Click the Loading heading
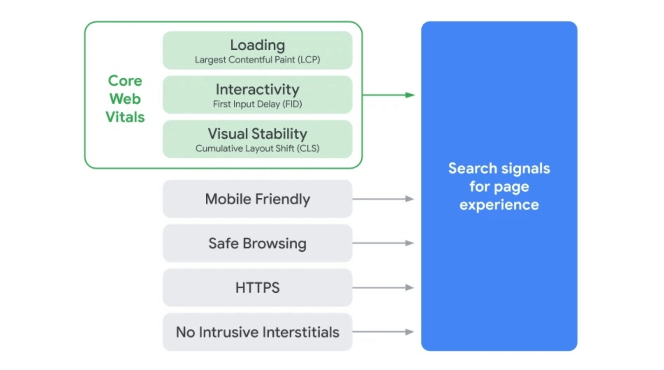coord(257,45)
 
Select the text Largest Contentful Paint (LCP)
coord(257,60)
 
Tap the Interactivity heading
coord(257,89)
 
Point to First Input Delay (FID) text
coord(257,104)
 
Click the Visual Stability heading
coord(257,134)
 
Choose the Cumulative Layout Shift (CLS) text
coord(257,148)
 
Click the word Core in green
coord(125,81)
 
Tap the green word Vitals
coord(125,117)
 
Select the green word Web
coord(125,99)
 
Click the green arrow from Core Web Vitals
coord(389,95)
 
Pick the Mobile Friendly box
coord(257,199)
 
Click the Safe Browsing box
coord(257,243)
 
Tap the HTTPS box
coord(257,287)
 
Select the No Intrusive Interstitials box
coord(257,332)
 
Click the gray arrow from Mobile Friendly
coord(383,199)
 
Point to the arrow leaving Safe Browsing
coord(383,243)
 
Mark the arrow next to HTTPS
coord(383,287)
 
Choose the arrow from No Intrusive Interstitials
coord(383,332)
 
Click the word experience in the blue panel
coord(499,205)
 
